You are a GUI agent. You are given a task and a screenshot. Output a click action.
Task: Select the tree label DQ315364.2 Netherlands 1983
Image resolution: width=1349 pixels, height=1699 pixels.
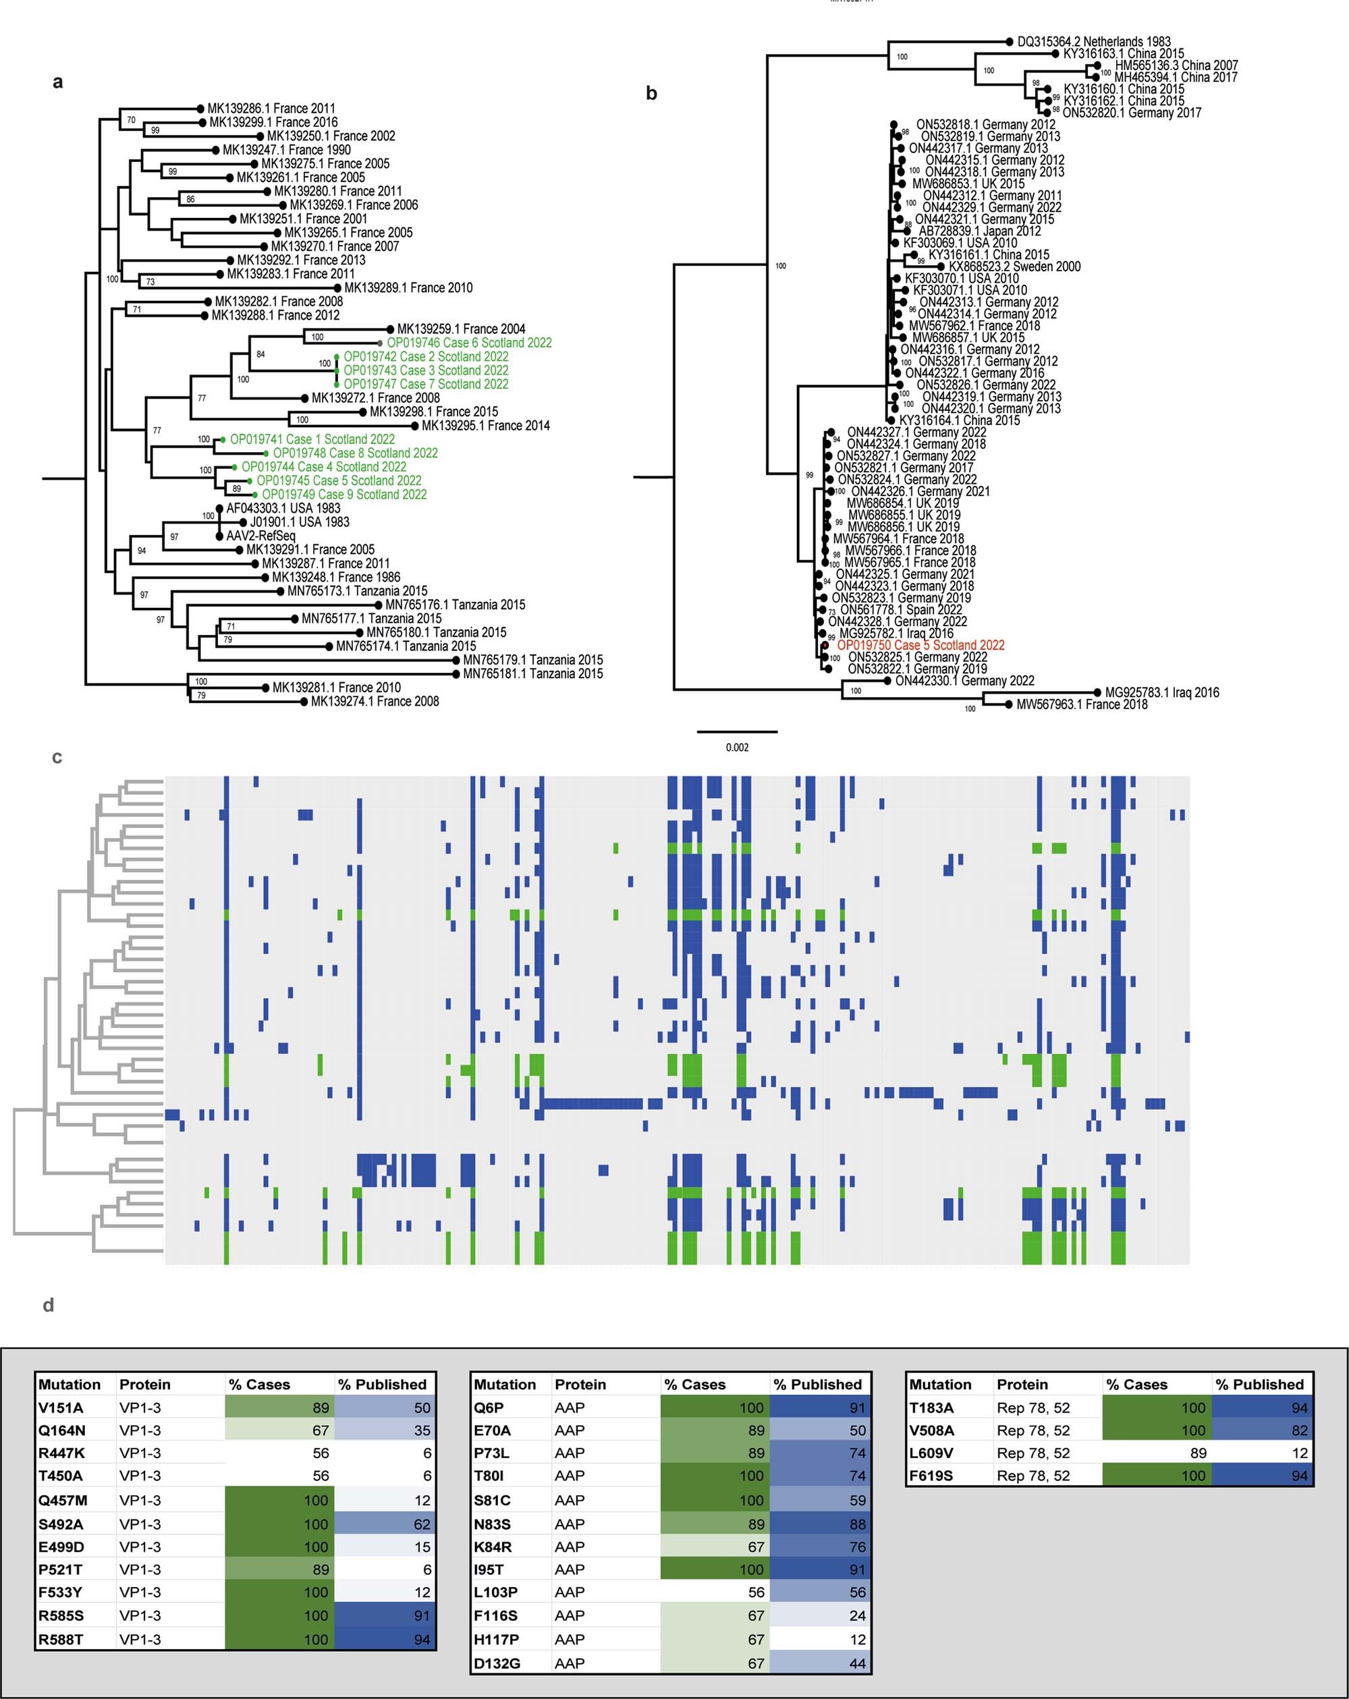pos(1094,42)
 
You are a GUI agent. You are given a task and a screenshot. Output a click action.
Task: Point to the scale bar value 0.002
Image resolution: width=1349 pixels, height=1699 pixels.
pos(737,747)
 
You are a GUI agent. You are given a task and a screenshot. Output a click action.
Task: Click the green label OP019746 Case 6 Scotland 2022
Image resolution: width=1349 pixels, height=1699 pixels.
pos(469,343)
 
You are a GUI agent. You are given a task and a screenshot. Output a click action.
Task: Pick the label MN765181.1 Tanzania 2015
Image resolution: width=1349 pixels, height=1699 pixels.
pos(532,674)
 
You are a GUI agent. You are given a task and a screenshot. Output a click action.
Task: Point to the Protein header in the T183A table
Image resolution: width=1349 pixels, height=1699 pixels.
pos(1022,1385)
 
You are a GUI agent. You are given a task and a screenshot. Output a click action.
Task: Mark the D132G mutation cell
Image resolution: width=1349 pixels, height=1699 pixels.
pos(495,1663)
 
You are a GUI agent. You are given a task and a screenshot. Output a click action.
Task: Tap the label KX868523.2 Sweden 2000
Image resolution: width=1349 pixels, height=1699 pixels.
pos(1014,267)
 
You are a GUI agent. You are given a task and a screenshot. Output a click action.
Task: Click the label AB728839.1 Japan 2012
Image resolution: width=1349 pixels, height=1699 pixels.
pos(979,231)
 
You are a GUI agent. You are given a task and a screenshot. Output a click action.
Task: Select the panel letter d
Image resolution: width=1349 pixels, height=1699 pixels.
pos(48,1306)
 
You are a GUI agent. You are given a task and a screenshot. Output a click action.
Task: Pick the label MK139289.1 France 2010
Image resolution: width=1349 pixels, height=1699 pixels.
pos(408,287)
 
